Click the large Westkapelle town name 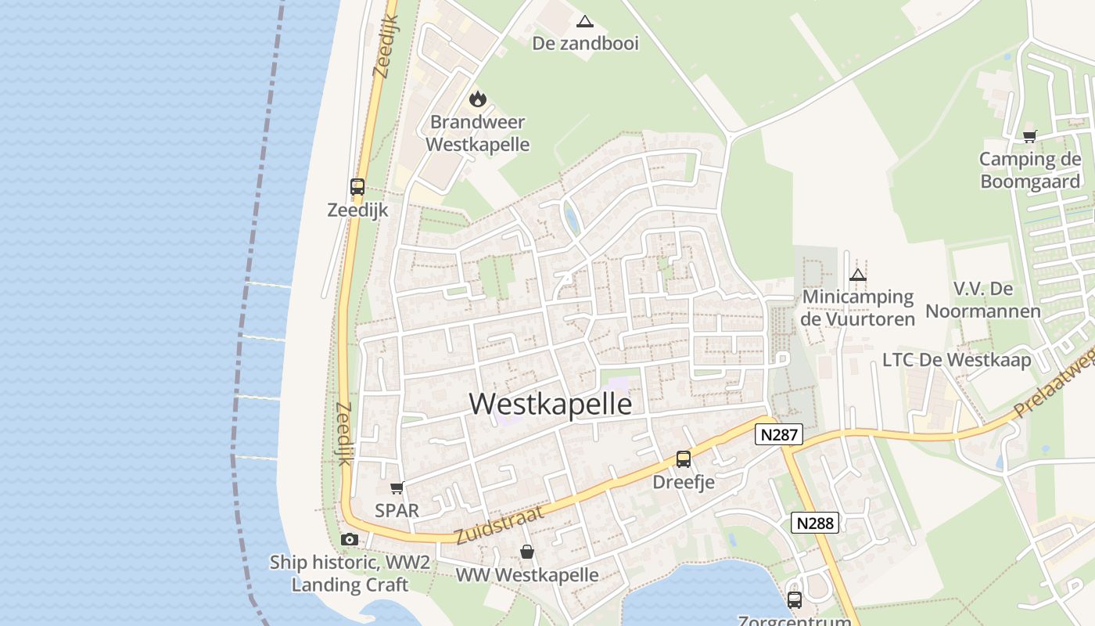pyautogui.click(x=551, y=404)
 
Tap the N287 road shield pyautogui.click(x=779, y=434)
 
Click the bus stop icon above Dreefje pyautogui.click(x=684, y=459)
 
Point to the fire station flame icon pyautogui.click(x=477, y=99)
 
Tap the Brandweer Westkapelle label pyautogui.click(x=478, y=134)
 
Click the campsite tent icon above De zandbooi pyautogui.click(x=584, y=21)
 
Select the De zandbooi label pyautogui.click(x=585, y=43)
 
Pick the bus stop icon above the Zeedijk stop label pyautogui.click(x=357, y=187)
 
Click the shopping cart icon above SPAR pyautogui.click(x=397, y=487)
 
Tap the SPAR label pyautogui.click(x=397, y=510)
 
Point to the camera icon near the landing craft pyautogui.click(x=350, y=539)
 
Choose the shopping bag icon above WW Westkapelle pyautogui.click(x=527, y=552)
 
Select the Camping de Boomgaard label pyautogui.click(x=1030, y=171)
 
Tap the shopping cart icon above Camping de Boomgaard pyautogui.click(x=1030, y=136)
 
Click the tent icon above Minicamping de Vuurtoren pyautogui.click(x=858, y=275)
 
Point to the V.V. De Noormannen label pyautogui.click(x=983, y=300)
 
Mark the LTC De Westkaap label pyautogui.click(x=957, y=360)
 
